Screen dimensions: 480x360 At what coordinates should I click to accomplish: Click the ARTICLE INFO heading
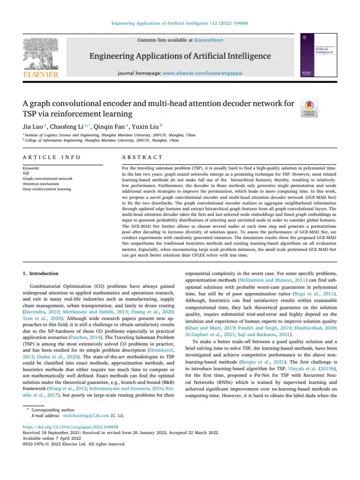[x=52, y=157]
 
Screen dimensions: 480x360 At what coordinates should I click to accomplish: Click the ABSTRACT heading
[x=142, y=157]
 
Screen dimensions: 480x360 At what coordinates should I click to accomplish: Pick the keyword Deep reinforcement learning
[x=47, y=189]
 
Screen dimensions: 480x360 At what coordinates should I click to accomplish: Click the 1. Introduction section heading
[x=41, y=273]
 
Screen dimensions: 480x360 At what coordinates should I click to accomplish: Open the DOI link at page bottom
[x=70, y=427]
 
